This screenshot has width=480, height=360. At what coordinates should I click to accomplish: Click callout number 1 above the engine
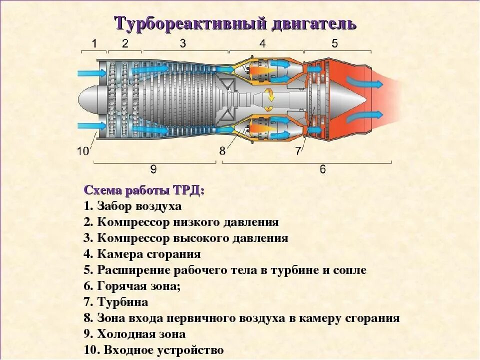coord(95,43)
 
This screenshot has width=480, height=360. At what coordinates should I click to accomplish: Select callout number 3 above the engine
coord(183,43)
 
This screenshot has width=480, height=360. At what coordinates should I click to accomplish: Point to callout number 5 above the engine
coord(334,43)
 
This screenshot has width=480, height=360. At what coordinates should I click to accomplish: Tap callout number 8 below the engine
coord(222,149)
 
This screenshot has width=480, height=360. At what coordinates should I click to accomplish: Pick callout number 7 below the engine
coord(298,149)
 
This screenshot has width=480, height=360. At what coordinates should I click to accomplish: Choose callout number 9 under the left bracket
coord(153,169)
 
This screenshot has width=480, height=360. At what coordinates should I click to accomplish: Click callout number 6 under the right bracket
coord(322,169)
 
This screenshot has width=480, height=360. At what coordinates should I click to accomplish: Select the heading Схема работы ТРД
coord(144,190)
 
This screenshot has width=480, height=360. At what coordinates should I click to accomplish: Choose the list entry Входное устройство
coord(154,350)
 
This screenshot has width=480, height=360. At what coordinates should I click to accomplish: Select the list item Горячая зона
coord(132,286)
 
